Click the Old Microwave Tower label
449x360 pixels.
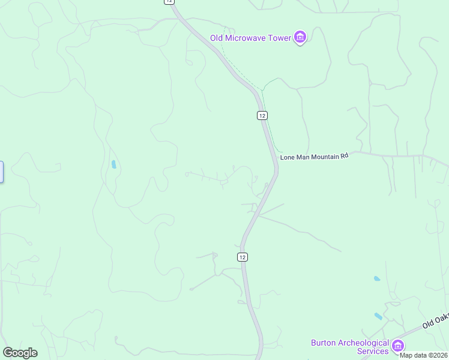[250, 38]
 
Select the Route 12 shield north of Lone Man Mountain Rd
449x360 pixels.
[262, 115]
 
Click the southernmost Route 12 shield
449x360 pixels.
[242, 257]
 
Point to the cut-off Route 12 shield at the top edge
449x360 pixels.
[169, 2]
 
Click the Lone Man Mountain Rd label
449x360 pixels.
[314, 156]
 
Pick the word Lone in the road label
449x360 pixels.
[287, 156]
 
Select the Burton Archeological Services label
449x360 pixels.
[350, 347]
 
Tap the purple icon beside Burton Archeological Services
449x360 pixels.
[398, 346]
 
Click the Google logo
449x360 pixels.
[20, 353]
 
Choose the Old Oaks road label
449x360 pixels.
[436, 319]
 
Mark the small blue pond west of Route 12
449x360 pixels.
[113, 164]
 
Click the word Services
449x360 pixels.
[373, 351]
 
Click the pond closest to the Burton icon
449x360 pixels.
[379, 316]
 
